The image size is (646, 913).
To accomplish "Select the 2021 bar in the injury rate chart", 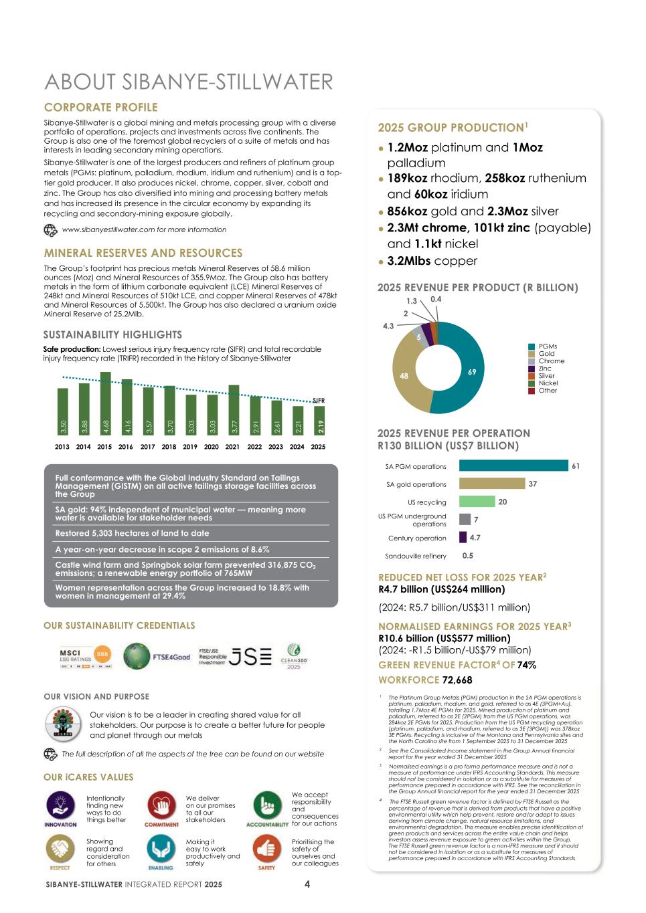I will coord(234,409).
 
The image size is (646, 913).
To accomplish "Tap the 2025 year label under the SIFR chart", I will coord(318,447).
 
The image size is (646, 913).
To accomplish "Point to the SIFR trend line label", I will coord(319,401).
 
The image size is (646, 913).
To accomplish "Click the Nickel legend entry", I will coord(547,383).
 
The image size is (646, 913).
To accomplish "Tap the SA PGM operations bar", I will coord(513,466).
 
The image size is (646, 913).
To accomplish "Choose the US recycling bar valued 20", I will coord(477,502).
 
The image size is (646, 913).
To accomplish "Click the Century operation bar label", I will coord(416,538).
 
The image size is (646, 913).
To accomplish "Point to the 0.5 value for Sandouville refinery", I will coord(467,556).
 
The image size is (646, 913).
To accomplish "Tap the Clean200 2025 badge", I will coord(294,656).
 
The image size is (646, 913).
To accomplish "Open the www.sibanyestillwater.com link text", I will coord(144,229).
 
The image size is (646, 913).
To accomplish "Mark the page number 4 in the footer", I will coord(307,884).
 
